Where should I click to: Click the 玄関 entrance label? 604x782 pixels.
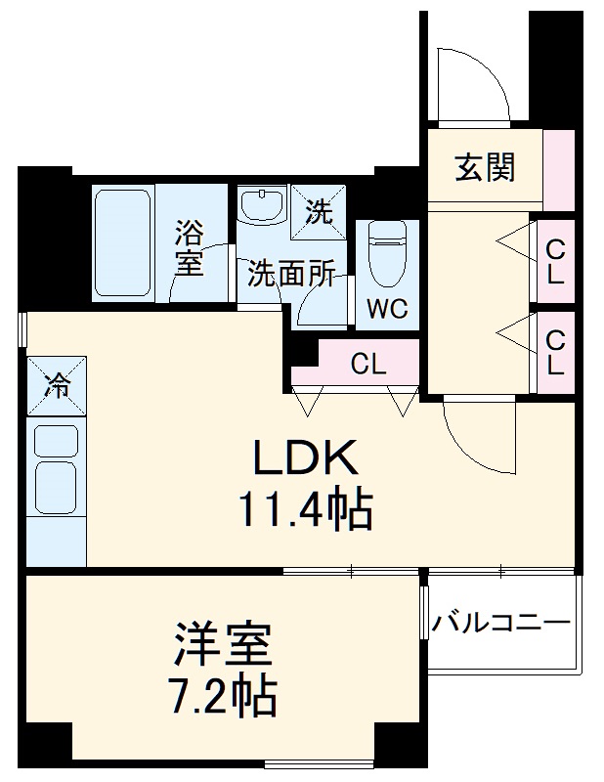(x=484, y=168)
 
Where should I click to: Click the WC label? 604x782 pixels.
(x=388, y=310)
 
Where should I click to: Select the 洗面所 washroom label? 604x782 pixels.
(x=290, y=275)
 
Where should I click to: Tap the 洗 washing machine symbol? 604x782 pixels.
(x=321, y=209)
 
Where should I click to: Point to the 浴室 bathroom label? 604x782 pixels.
(x=190, y=247)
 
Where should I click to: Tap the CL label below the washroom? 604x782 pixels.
(x=368, y=366)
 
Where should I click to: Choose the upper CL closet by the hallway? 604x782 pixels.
(x=555, y=261)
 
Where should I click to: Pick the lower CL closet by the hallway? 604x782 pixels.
(x=555, y=354)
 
